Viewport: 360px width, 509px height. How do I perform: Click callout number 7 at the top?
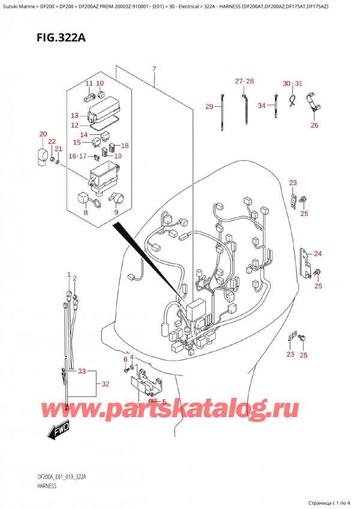click(x=154, y=69)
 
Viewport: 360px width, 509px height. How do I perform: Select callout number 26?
click(x=314, y=125)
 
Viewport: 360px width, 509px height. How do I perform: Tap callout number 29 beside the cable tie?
click(x=209, y=107)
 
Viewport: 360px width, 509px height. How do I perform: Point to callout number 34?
click(x=262, y=106)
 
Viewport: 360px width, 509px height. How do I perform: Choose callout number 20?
click(x=43, y=134)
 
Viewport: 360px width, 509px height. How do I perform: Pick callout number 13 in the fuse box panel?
click(x=74, y=115)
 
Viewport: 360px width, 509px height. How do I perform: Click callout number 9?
click(x=116, y=212)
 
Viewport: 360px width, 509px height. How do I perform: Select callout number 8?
click(x=86, y=212)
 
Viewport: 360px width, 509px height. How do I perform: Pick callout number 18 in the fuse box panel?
click(x=125, y=146)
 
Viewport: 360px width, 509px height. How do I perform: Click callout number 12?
click(x=74, y=125)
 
